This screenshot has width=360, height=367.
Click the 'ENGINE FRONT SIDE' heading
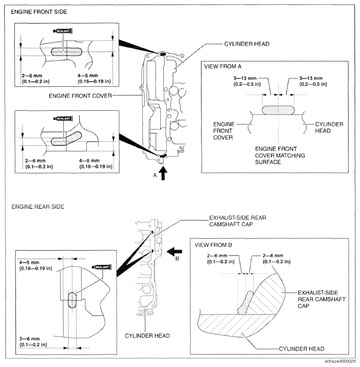coord(39,12)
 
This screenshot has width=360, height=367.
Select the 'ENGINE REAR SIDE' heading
coord(38,207)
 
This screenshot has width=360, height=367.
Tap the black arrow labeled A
coord(163,173)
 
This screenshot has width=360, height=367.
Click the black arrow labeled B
coord(174,252)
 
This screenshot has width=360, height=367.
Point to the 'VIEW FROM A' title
coord(223,67)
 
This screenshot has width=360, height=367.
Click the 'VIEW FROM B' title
coord(213,245)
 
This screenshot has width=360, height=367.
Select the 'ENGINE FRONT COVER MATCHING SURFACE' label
coord(280,155)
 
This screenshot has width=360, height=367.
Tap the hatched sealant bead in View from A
coord(278,110)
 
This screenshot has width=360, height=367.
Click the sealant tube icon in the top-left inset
coord(63,31)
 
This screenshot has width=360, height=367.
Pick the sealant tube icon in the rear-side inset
coord(102,267)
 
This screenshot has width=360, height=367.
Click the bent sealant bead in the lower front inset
coord(66,139)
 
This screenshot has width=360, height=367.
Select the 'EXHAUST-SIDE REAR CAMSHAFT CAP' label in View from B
coord(321,299)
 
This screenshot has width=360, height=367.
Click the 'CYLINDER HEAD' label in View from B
coord(302,349)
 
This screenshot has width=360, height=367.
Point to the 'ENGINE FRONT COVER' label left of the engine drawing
coord(80,96)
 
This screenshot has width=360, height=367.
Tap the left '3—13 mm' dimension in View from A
coord(247,81)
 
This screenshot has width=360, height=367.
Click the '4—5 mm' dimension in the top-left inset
coord(94,78)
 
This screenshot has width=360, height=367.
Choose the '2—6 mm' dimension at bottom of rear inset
coord(33,342)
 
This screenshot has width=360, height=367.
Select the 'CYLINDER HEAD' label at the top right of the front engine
coord(247,44)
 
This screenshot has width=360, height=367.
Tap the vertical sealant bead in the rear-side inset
coord(72,300)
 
